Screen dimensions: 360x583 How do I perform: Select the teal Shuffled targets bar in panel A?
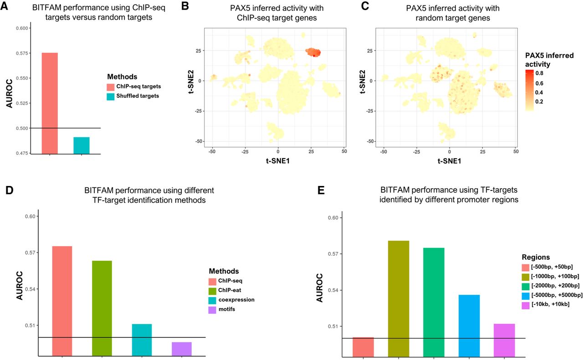[x=81, y=145]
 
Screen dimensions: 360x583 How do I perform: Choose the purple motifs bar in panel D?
[x=182, y=349]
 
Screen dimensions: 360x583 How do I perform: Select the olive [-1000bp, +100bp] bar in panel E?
[x=399, y=298]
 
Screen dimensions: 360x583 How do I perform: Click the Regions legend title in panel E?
[x=537, y=257]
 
